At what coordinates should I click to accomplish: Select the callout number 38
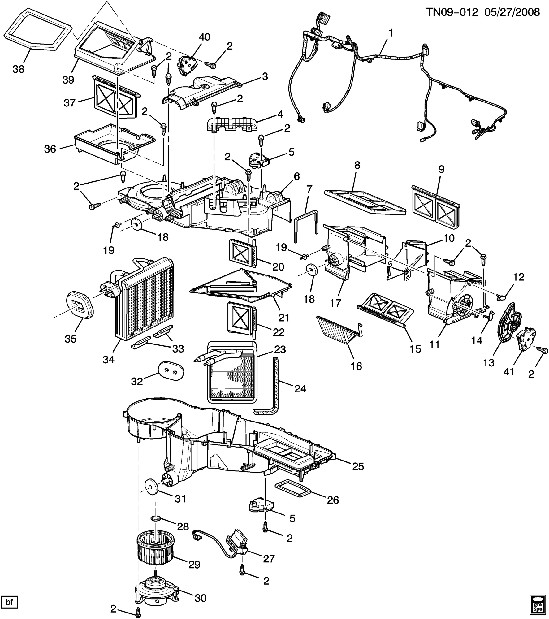(x=18, y=69)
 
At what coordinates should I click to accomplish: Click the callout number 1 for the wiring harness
(x=391, y=32)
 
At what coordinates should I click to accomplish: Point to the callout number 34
(x=109, y=360)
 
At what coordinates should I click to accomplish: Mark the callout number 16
(x=356, y=366)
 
